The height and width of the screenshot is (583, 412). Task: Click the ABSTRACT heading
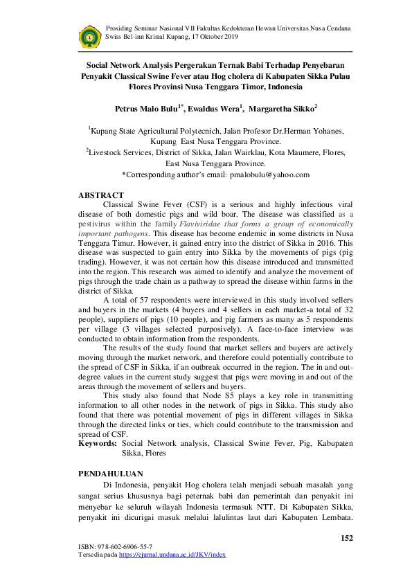pyautogui.click(x=101, y=195)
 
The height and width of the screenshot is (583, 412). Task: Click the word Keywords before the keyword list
pyautogui.click(x=98, y=441)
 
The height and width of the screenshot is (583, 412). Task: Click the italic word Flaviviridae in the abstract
pyautogui.click(x=203, y=224)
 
